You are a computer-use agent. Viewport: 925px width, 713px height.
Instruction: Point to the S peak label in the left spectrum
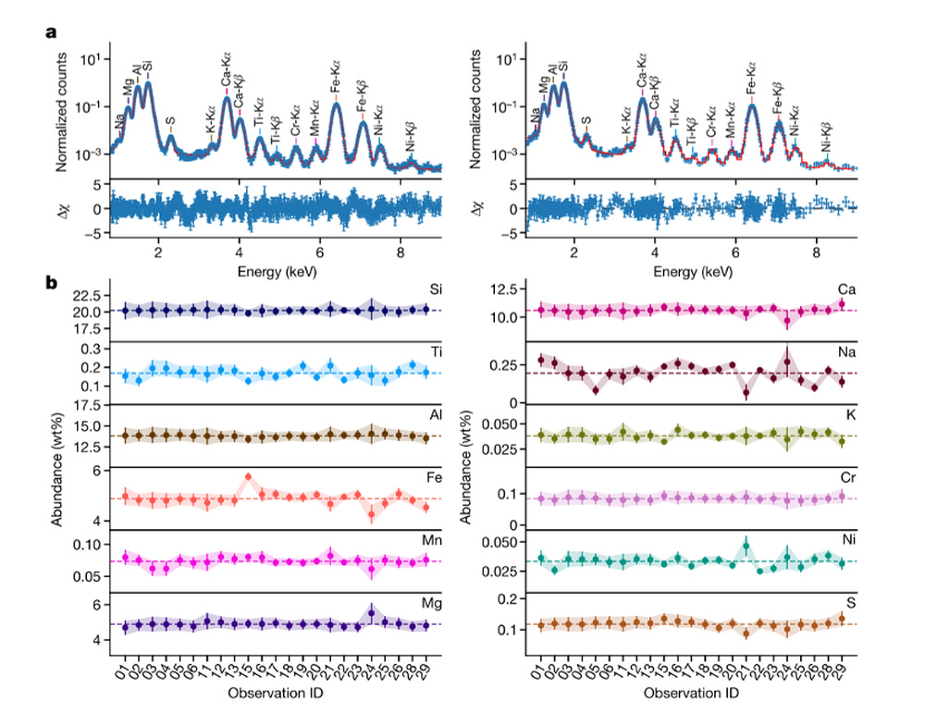170,121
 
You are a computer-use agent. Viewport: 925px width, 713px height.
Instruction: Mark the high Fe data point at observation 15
248,476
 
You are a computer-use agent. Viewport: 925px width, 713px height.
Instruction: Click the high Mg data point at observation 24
371,613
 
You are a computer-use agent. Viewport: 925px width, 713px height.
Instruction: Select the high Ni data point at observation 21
746,547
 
